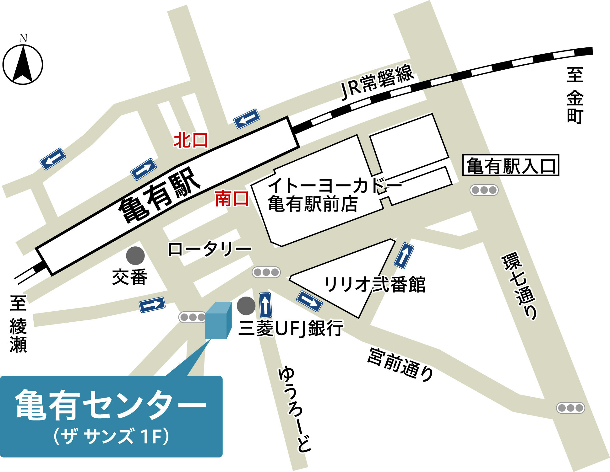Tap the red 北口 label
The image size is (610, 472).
pos(191,140)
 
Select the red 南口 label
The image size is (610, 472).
pos(232,199)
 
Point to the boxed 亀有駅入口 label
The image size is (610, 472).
pos(511,165)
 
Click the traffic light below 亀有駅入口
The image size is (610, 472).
pos(484,190)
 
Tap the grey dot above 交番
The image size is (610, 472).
pos(135,255)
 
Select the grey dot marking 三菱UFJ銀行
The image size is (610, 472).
pos(246,306)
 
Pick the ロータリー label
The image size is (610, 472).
pos(210,249)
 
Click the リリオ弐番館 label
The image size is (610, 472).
pos(375,284)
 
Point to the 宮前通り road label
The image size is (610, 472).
pos(401,364)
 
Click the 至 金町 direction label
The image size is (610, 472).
pos(575,95)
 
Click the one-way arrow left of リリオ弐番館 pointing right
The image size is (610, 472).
pos(309,301)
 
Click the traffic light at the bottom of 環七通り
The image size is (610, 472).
pos(570,408)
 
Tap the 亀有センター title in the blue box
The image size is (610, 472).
pos(111,405)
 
